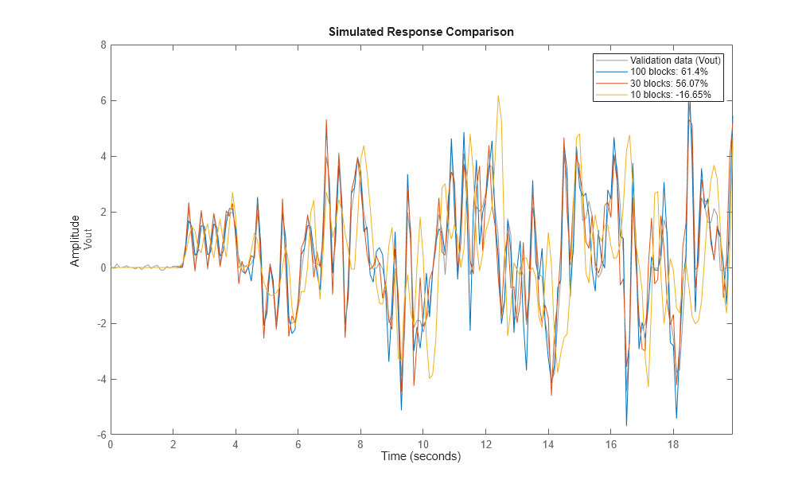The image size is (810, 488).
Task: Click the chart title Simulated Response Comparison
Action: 421,32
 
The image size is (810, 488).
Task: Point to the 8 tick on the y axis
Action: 103,45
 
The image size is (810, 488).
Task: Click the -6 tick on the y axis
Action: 101,435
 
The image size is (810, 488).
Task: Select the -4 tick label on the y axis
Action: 101,379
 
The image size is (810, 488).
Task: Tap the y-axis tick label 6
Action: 103,101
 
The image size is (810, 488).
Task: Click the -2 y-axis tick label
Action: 101,323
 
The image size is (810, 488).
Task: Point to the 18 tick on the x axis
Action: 673,445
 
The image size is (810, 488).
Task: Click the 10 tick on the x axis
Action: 423,445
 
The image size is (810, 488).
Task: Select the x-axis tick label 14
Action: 548,445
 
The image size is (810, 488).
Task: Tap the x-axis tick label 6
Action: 298,445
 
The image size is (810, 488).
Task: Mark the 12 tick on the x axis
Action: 485,445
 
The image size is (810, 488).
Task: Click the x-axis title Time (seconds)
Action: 421,457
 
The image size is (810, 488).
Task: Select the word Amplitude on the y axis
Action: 76,240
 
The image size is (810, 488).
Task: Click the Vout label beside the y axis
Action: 88,240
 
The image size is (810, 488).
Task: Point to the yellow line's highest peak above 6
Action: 498,96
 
